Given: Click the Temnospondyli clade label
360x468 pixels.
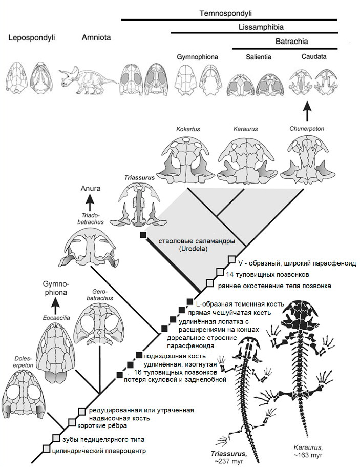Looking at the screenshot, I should coord(229,12).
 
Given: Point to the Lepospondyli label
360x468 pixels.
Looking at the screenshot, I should coord(31,37).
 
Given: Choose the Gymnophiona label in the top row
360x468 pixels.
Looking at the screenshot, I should coord(197,56).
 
